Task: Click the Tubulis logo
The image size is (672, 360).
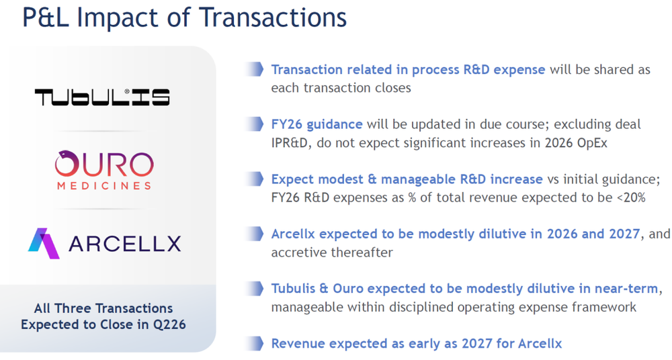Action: click(x=102, y=97)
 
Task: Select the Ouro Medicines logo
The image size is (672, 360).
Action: click(x=104, y=170)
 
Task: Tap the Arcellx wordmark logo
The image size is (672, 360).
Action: click(x=105, y=243)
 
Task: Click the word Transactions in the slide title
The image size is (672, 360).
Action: click(x=273, y=17)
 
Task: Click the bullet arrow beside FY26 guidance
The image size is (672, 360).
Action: click(x=254, y=124)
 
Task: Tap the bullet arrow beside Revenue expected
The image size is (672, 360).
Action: click(x=254, y=343)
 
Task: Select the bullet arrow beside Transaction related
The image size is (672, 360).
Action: click(x=254, y=69)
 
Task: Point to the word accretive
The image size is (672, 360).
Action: click(x=298, y=253)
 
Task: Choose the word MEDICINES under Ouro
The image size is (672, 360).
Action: click(x=104, y=185)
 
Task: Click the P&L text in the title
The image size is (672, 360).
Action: click(x=45, y=17)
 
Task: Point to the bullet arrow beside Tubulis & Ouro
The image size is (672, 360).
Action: click(x=254, y=288)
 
